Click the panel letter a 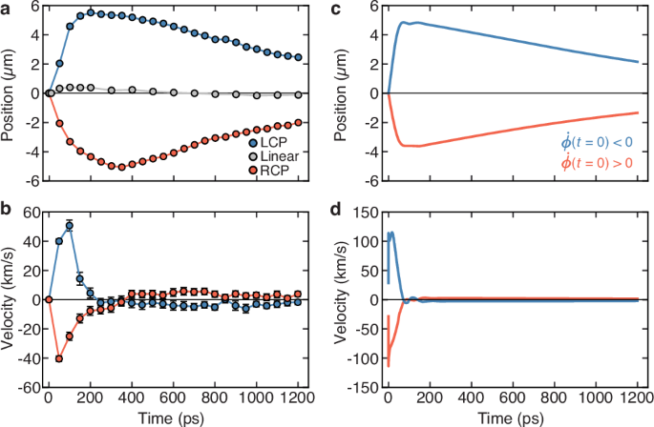tap(6, 8)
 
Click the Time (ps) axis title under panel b tap(173, 417)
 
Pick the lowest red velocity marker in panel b tap(58, 358)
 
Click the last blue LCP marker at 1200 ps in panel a tap(298, 57)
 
